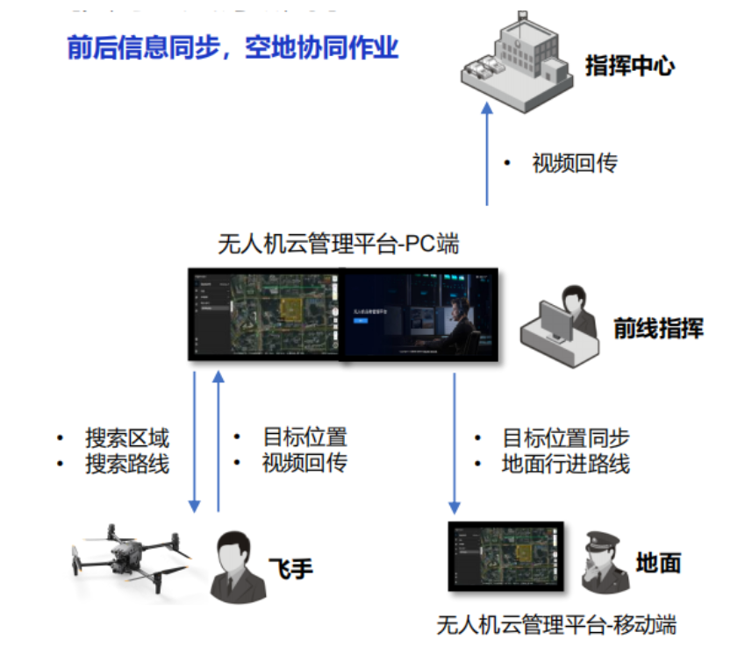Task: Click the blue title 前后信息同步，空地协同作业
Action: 233,47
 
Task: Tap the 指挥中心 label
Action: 629,66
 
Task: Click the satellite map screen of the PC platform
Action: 263,314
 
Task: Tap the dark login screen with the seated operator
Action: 419,314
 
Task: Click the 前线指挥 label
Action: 658,329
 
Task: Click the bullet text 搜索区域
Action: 126,437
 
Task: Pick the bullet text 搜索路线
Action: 126,464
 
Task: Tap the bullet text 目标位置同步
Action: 565,437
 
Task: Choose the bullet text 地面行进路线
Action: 565,464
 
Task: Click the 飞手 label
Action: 289,568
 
